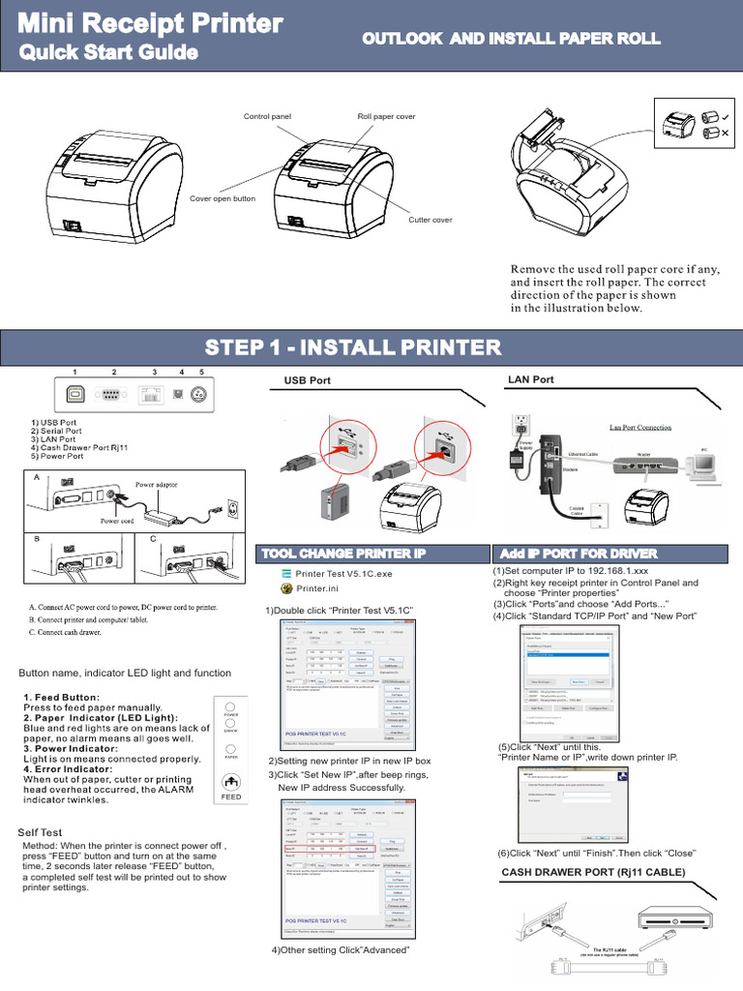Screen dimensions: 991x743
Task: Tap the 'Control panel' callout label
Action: [267, 116]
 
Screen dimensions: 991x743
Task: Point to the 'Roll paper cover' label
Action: [386, 116]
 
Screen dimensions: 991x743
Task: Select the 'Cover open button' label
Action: [223, 198]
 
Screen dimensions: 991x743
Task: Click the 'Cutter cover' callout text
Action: [431, 220]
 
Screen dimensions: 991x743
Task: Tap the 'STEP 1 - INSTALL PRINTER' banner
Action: [353, 346]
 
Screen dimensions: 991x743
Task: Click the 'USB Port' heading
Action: [307, 380]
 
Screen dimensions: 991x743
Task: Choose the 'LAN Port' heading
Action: [530, 379]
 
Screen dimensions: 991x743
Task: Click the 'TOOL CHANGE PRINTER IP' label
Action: [341, 554]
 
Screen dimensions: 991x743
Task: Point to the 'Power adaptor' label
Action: [156, 484]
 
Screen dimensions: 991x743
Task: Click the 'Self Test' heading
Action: [40, 832]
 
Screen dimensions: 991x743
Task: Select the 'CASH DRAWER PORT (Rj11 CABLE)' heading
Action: [593, 873]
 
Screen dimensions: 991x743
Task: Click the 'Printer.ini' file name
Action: [317, 588]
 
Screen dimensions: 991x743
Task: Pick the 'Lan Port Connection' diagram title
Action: [639, 427]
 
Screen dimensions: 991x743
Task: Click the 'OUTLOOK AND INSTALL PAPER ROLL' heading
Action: [511, 39]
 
